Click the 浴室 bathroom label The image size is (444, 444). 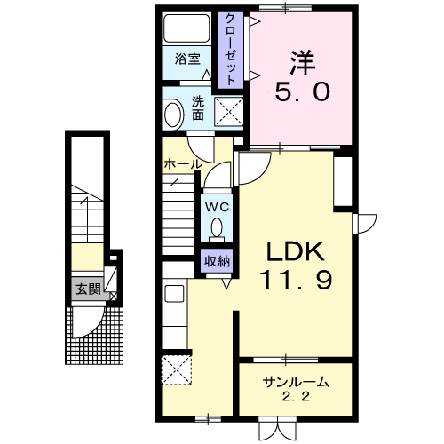click(187, 59)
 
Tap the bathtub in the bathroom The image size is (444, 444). click(186, 28)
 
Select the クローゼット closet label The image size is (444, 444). click(231, 50)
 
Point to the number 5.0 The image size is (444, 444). click(302, 91)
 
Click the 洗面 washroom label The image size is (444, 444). click(197, 107)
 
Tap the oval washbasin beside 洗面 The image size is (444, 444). click(172, 115)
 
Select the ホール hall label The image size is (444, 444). click(183, 163)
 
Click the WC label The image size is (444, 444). click(218, 207)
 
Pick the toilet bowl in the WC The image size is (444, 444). click(217, 227)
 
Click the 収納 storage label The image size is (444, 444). click(217, 261)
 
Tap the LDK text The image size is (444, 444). click(295, 251)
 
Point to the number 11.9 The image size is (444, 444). click(296, 280)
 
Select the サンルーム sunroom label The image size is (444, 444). click(296, 382)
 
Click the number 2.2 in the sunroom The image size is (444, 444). click(296, 396)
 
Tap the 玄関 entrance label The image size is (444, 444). click(88, 289)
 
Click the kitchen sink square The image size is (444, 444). click(175, 294)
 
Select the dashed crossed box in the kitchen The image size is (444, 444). click(177, 370)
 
